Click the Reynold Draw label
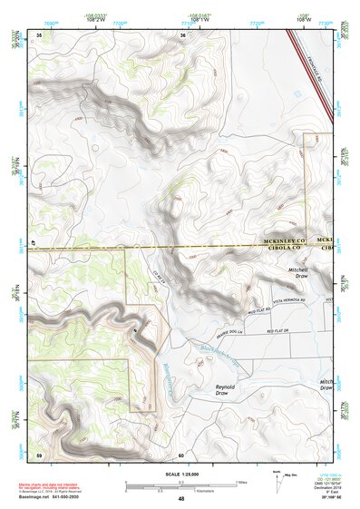pos(225,390)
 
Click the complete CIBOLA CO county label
pos(283,248)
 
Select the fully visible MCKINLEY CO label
pos(284,240)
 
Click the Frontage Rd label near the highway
pos(316,68)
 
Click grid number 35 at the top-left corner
pos(38,34)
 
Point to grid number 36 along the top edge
pos(182,34)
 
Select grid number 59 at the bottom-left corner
pos(38,454)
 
